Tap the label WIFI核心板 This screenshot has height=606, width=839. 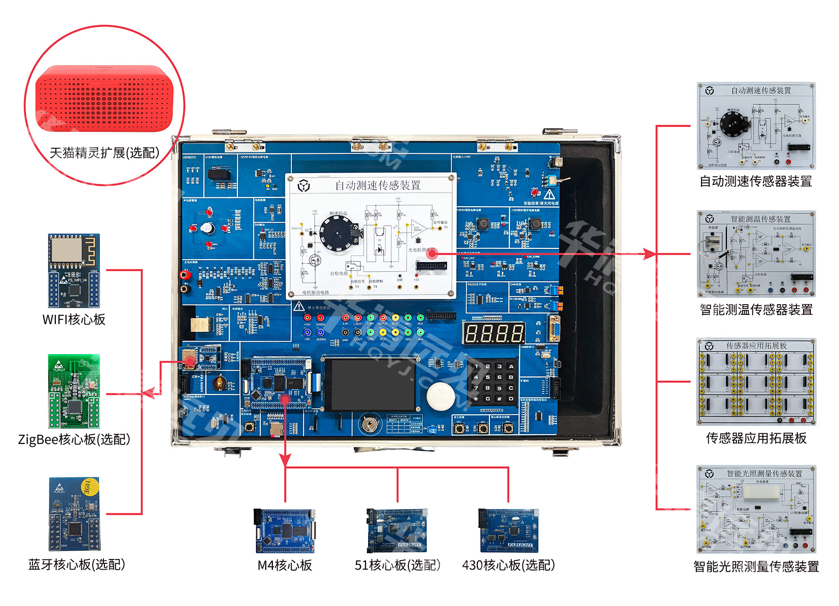pos(74,319)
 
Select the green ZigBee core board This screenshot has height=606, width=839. pos(74,391)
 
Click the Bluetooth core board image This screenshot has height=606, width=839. pos(74,514)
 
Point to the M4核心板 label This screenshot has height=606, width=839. pos(285,565)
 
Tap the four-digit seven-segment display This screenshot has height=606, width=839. pos(494,334)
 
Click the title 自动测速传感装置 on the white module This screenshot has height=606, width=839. pos(378,185)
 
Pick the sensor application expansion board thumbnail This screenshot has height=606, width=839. pos(756,382)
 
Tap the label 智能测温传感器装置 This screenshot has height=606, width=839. pos(756,310)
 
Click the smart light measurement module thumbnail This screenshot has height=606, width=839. pos(756,509)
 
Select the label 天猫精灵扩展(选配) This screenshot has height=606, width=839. pos(104,153)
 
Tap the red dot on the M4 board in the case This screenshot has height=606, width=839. pos(285,399)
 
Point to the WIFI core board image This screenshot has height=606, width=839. pos(74,270)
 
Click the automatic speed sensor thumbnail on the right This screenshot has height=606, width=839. pos(756,126)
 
